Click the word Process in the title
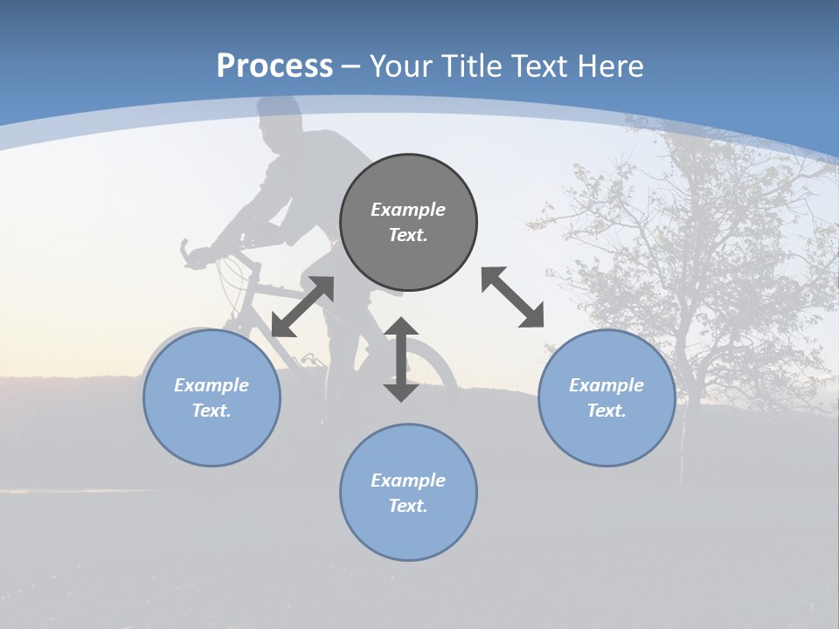[274, 66]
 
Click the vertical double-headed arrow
[401, 359]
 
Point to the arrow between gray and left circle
[302, 307]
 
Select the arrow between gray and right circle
[513, 297]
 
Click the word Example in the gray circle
[408, 210]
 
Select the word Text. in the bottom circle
[408, 506]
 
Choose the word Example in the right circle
[607, 385]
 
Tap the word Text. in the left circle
[211, 411]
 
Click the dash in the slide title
[350, 66]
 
